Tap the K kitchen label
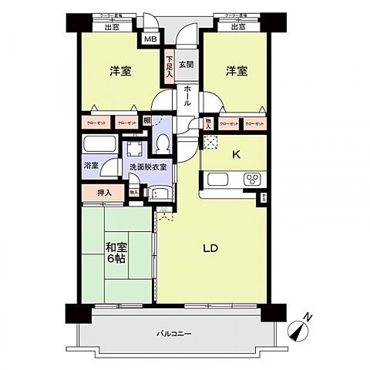[x=237, y=154]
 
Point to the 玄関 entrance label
[x=186, y=64]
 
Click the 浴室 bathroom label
[x=91, y=166]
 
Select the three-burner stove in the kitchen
[x=252, y=181]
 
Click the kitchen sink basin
[x=217, y=181]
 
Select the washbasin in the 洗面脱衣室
[x=160, y=193]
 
